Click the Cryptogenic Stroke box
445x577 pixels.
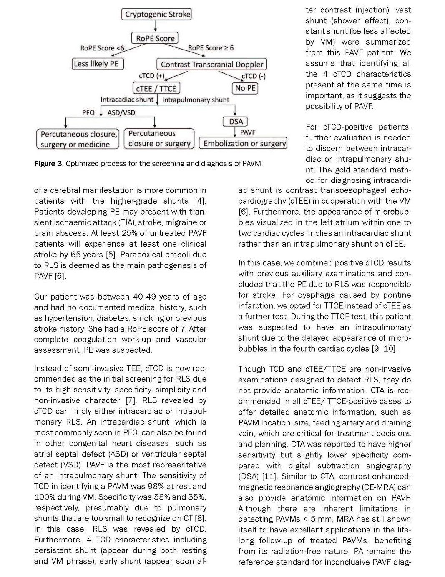pyautogui.click(x=156, y=15)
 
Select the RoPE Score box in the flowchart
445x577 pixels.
pyautogui.click(x=155, y=38)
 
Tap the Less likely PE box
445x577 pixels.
pyautogui.click(x=98, y=64)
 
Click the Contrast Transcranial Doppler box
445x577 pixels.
pyautogui.click(x=212, y=64)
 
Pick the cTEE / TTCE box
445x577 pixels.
pyautogui.click(x=156, y=88)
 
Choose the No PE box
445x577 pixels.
pyautogui.click(x=245, y=88)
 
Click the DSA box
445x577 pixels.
pyautogui.click(x=236, y=122)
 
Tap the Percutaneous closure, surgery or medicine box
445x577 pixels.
pyautogui.click(x=78, y=139)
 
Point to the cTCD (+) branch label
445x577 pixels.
pyautogui.click(x=151, y=76)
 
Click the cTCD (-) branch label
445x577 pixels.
pyautogui.click(x=254, y=76)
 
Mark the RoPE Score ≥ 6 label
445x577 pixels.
pyautogui.click(x=211, y=48)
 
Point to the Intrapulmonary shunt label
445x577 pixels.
pyautogui.click(x=196, y=100)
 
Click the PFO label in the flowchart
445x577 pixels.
pyautogui.click(x=88, y=112)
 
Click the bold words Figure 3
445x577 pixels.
pyautogui.click(x=49, y=164)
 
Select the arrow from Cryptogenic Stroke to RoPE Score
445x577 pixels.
pyautogui.click(x=156, y=26)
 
